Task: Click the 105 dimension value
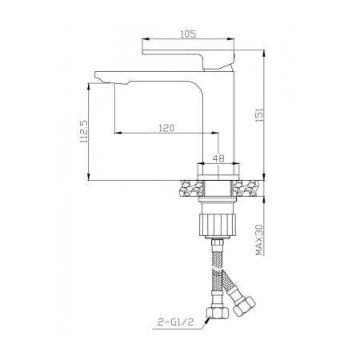188,34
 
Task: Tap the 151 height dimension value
259,115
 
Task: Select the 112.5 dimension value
84,131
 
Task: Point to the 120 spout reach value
166,128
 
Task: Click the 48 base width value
218,158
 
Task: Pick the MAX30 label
259,240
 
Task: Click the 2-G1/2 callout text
175,322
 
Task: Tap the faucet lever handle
188,59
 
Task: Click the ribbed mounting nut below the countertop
218,224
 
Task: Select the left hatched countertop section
190,188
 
